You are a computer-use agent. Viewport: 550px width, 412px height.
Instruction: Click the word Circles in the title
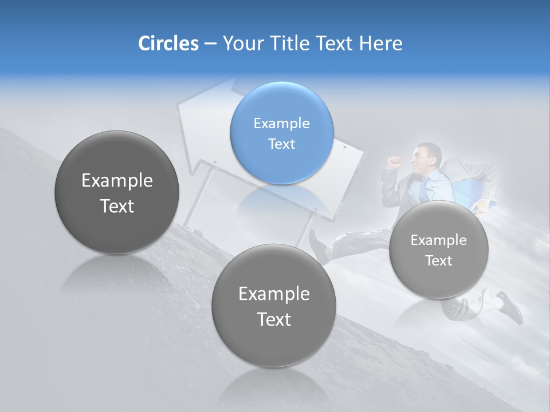(168, 43)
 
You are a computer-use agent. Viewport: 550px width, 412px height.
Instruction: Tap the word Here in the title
(381, 43)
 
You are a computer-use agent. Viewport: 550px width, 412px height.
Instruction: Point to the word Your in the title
(241, 43)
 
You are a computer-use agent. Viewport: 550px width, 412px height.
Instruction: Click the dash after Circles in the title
(210, 44)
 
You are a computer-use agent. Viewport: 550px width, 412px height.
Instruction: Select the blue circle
(281, 133)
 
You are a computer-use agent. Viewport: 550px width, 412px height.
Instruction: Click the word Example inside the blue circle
(281, 123)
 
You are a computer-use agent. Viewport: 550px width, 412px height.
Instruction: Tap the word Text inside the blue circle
(281, 144)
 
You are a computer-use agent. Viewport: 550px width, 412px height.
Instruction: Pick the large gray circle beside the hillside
(117, 192)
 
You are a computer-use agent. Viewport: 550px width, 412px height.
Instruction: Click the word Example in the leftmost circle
(117, 181)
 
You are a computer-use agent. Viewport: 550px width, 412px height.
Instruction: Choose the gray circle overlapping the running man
(438, 249)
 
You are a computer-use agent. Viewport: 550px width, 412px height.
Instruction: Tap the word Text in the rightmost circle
(438, 261)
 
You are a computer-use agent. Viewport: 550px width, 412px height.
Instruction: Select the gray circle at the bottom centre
(274, 306)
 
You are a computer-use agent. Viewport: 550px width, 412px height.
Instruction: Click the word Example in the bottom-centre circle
(274, 294)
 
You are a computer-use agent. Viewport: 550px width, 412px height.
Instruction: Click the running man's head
(427, 156)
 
